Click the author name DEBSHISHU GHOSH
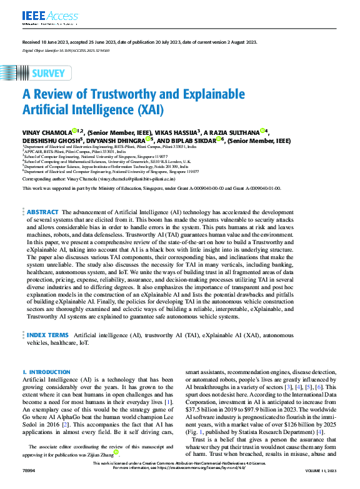[x=50, y=140]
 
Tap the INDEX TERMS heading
[x=48, y=335]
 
